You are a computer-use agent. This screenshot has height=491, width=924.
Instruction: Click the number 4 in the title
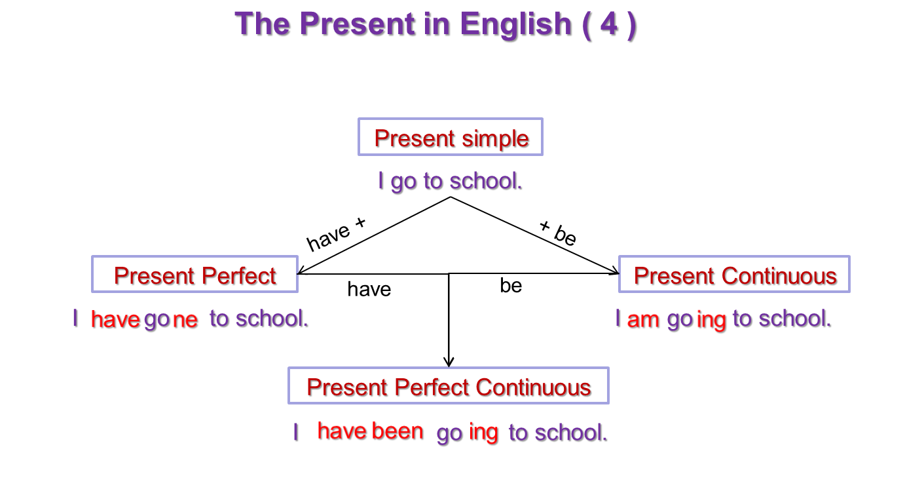point(608,24)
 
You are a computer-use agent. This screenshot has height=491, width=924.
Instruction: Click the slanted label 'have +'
point(336,235)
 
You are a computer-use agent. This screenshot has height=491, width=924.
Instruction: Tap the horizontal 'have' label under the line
point(369,289)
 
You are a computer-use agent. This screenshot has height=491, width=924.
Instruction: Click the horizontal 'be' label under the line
point(511,285)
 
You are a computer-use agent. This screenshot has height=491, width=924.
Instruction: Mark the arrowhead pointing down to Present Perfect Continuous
point(449,362)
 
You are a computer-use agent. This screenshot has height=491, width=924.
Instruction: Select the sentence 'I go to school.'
point(450,182)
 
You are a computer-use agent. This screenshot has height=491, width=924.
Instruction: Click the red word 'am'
point(643,320)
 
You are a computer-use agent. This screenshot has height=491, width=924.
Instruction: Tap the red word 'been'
point(397,431)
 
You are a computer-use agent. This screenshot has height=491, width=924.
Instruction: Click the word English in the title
point(515,25)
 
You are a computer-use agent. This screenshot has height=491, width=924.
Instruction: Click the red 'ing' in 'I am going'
point(711,321)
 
